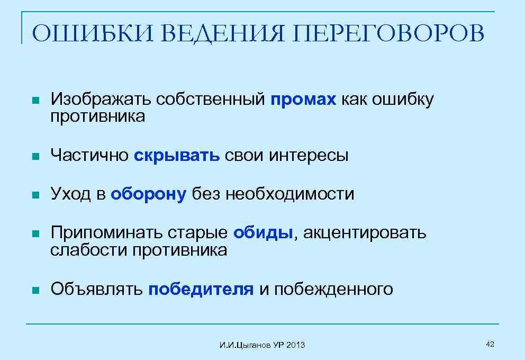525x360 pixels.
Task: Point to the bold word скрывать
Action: [x=177, y=155]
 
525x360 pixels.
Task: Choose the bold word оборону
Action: [x=149, y=194]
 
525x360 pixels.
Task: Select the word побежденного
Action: [x=333, y=289]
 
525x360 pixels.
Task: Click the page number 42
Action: [x=490, y=345]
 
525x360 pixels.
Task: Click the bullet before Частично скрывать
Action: [x=35, y=156]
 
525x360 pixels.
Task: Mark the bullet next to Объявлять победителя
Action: [x=35, y=290]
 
